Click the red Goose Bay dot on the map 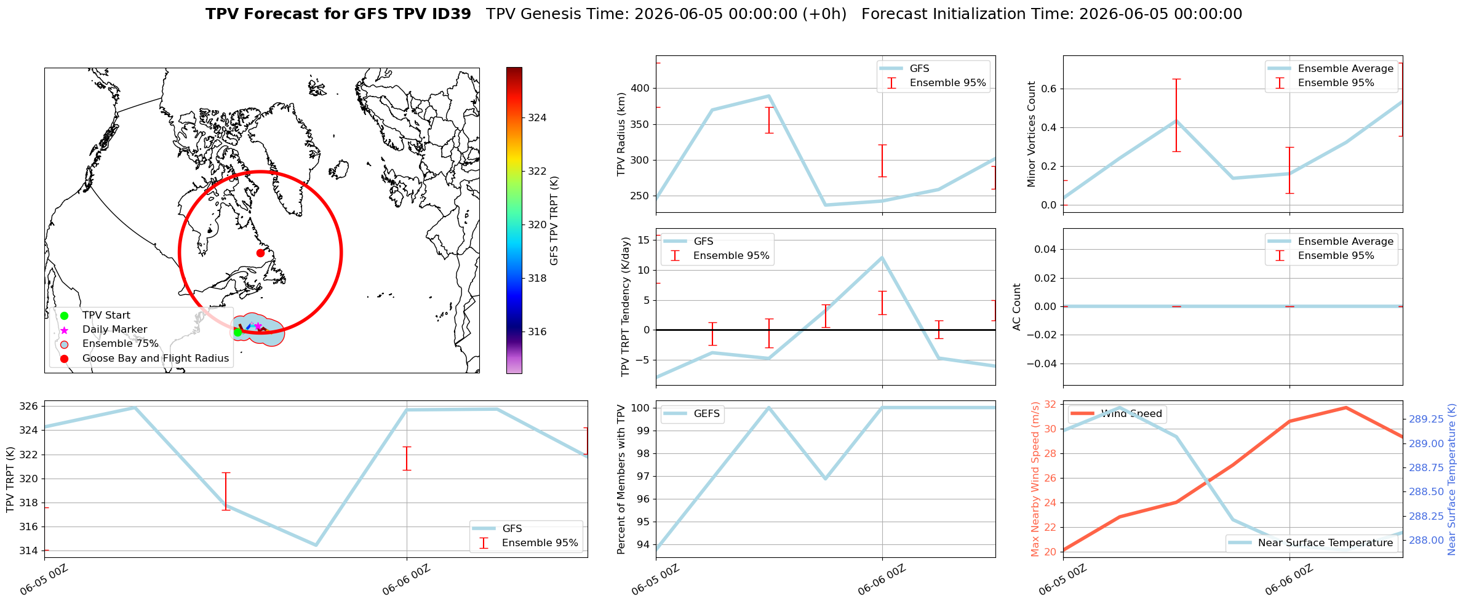coord(260,253)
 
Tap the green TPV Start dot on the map coord(238,332)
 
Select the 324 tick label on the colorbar coord(537,118)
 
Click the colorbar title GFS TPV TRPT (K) coord(554,221)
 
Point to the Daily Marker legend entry coord(105,330)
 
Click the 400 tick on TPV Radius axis coord(640,89)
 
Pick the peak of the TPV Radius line coord(769,96)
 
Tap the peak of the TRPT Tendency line coord(882,258)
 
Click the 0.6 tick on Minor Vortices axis coord(1049,89)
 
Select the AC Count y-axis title coord(1017,307)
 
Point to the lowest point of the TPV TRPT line coord(316,545)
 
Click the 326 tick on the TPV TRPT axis coord(30,407)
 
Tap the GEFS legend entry coord(693,414)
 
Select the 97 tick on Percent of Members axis coord(644,477)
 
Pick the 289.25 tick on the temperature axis coord(1426,419)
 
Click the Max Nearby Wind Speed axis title coord(1035,479)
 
